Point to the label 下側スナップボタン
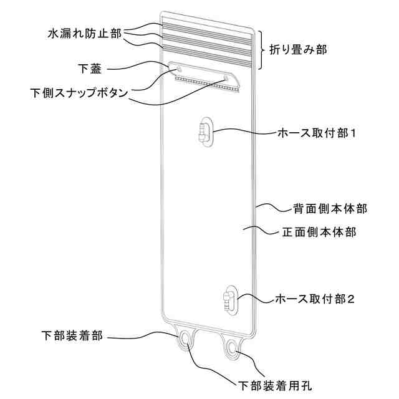(x=80, y=93)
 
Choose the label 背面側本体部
(x=329, y=208)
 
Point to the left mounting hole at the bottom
(x=186, y=339)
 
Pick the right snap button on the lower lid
(x=225, y=78)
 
